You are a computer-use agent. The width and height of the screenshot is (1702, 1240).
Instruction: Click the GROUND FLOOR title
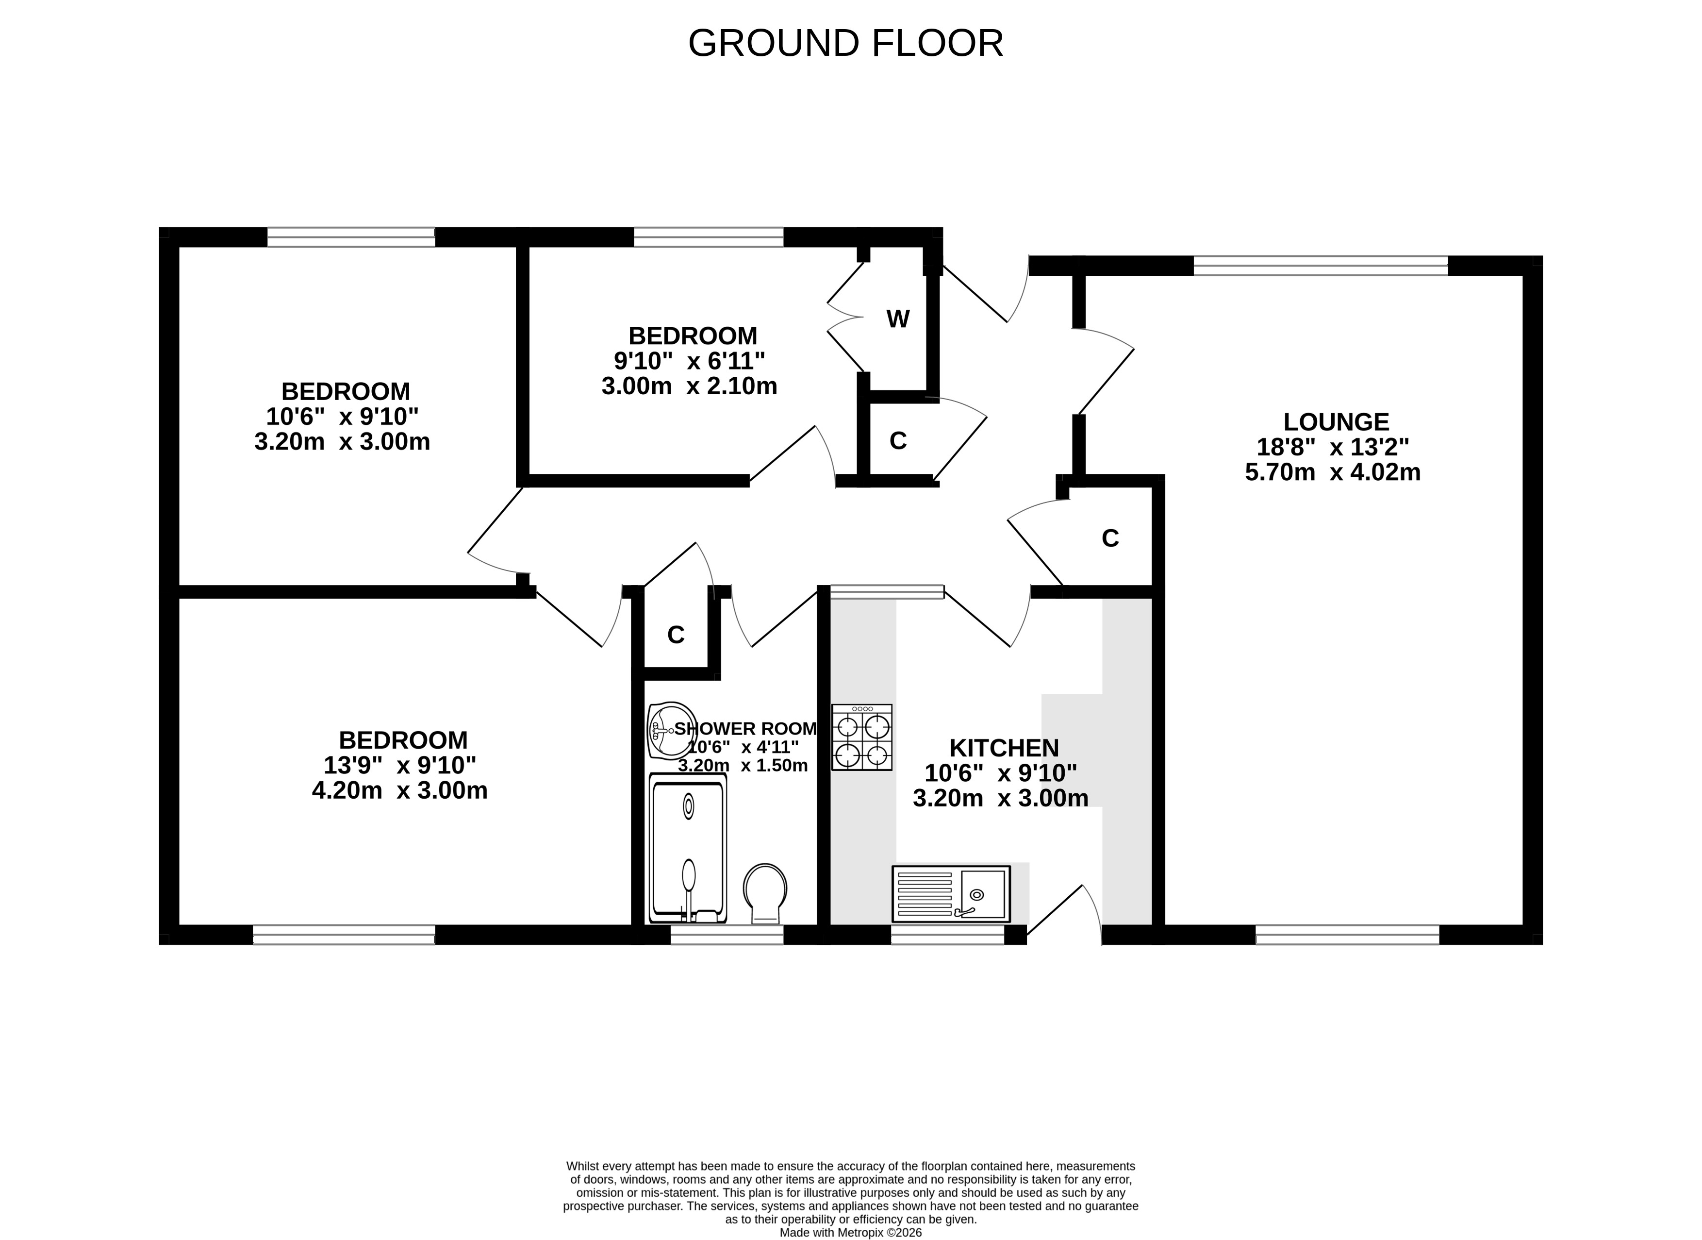click(x=846, y=44)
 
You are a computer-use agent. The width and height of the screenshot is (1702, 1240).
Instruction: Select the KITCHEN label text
click(x=1004, y=748)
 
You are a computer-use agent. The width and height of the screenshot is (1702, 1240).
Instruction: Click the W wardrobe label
click(x=898, y=319)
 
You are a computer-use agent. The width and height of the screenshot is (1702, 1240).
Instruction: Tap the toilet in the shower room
click(x=765, y=894)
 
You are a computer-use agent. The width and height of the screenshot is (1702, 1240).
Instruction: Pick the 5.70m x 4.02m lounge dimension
click(x=1333, y=472)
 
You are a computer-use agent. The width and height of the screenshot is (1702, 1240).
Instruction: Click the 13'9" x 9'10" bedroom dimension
click(x=400, y=766)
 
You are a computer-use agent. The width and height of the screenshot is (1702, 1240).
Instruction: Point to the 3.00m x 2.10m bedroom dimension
click(x=690, y=386)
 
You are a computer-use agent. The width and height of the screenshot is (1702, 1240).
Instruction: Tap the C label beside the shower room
click(x=676, y=635)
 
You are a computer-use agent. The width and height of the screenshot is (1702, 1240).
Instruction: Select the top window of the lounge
click(x=1321, y=266)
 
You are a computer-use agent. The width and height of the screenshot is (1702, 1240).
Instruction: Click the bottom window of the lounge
click(x=1348, y=935)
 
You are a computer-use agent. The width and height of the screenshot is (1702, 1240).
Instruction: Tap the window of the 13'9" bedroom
click(x=344, y=935)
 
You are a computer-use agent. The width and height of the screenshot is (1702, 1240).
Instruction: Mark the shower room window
click(x=727, y=935)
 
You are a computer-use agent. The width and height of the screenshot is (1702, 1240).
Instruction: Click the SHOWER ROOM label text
click(x=745, y=729)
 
